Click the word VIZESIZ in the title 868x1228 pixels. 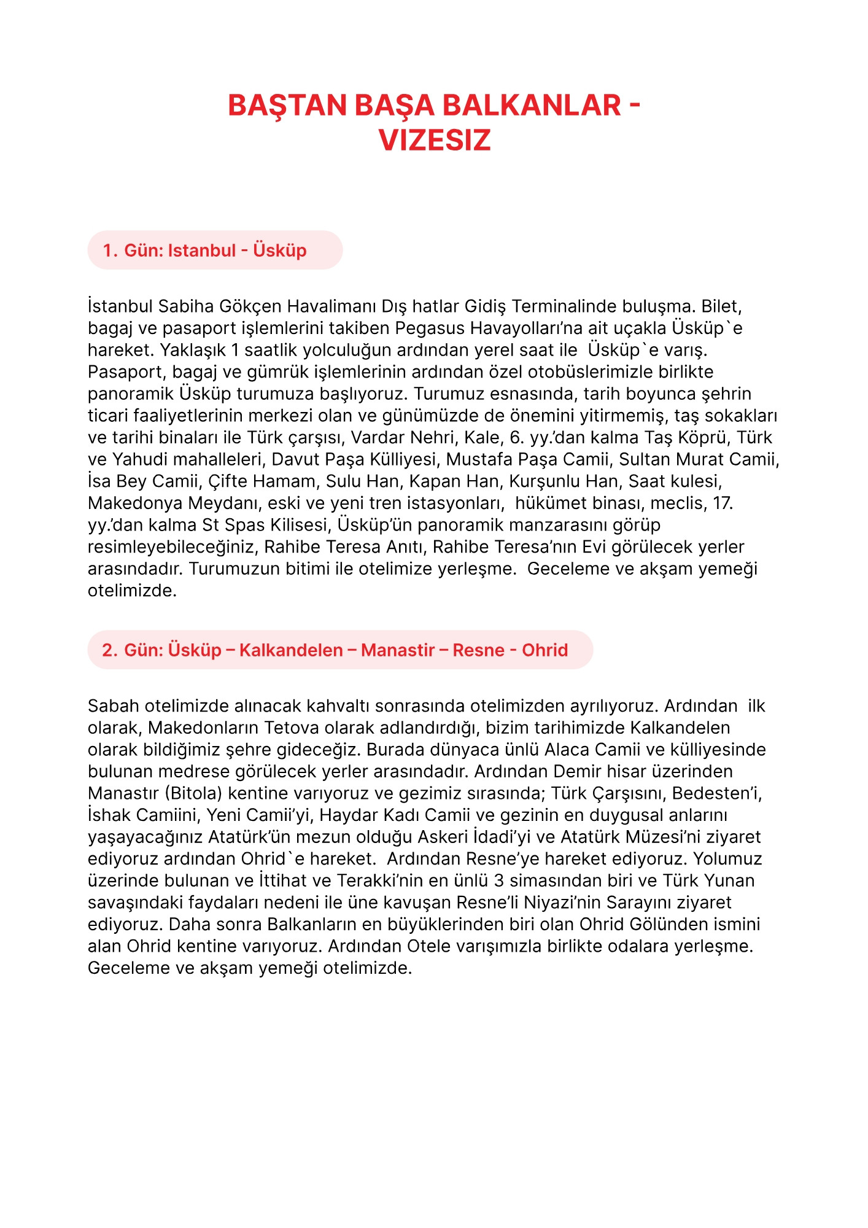point(435,141)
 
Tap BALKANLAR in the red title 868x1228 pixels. point(532,106)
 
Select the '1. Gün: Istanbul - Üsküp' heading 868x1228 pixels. point(204,251)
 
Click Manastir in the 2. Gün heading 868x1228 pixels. point(398,650)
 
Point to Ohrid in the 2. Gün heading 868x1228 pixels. point(544,650)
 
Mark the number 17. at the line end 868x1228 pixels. point(723,503)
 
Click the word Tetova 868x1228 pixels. point(292,728)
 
